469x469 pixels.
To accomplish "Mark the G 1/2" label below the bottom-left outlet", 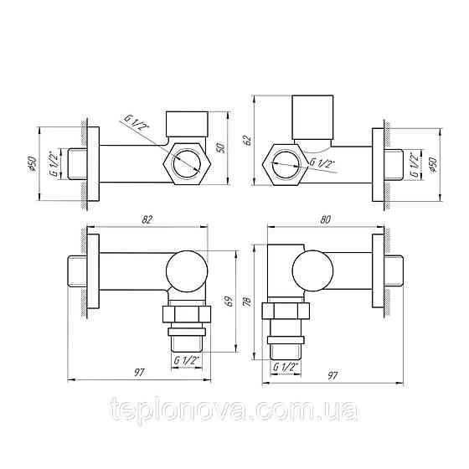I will pos(188,360).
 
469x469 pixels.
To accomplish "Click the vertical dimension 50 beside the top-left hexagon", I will pos(221,147).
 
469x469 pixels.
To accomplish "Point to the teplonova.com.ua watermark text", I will pos(235,413).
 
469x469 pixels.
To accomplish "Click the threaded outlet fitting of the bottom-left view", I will pos(187,327).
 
